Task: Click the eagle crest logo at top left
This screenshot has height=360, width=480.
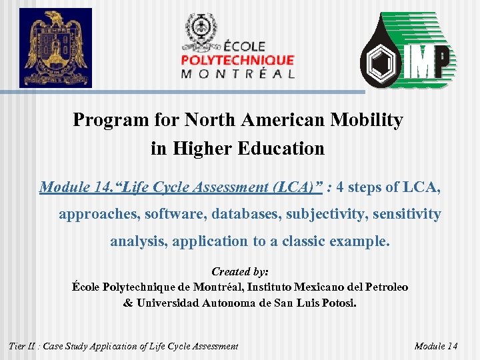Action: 55,48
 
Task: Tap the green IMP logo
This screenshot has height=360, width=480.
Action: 408,51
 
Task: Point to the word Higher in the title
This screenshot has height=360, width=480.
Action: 201,148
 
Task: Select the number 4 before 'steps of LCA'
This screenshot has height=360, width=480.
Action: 341,187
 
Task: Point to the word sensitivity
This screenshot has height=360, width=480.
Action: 408,214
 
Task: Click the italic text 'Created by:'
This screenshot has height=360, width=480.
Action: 239,271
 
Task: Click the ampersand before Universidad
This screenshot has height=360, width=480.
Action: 128,302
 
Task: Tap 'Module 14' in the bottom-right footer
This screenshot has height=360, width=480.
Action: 435,345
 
